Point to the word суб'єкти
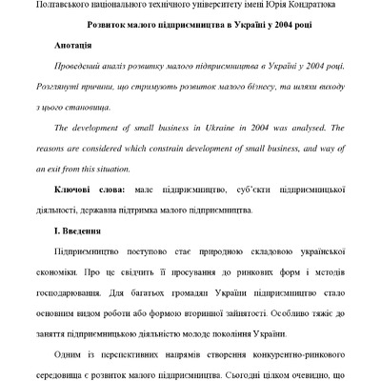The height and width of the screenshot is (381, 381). tap(234, 190)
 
